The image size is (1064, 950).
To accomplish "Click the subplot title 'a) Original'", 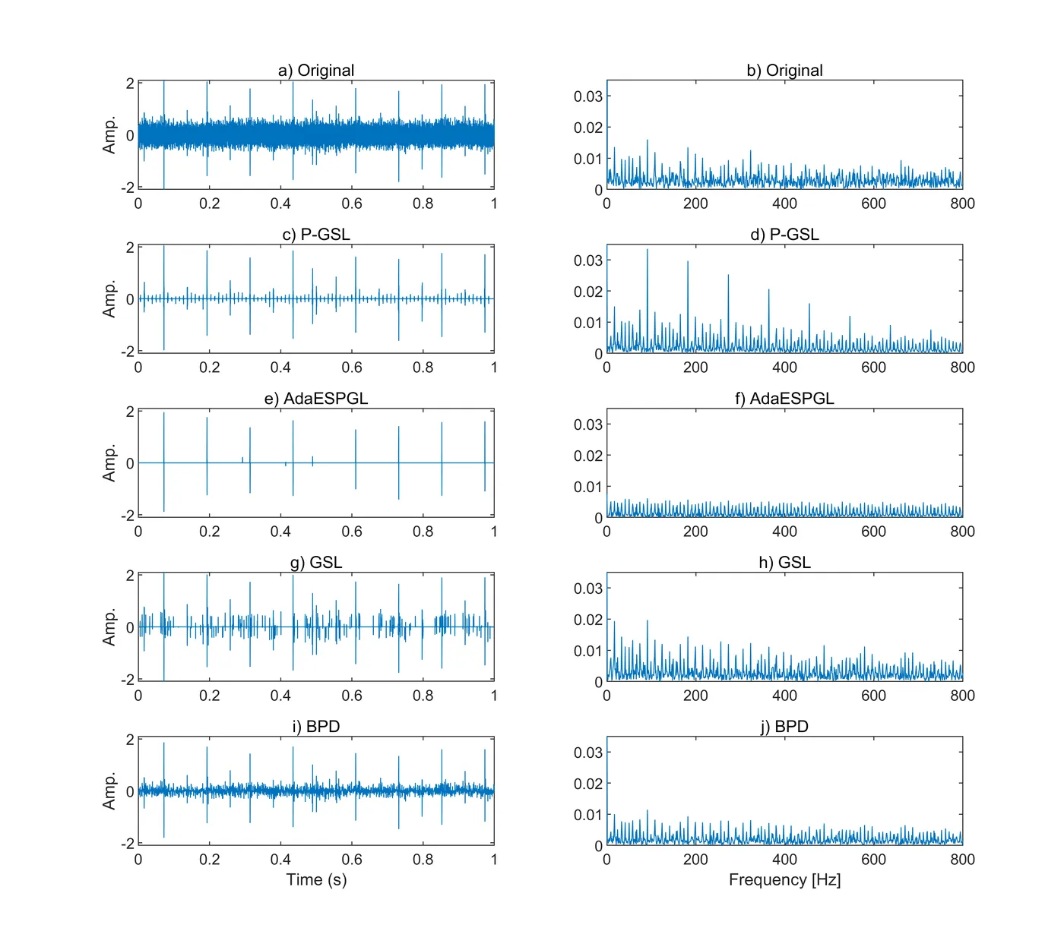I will point(316,71).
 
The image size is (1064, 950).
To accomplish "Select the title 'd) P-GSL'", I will point(784,235).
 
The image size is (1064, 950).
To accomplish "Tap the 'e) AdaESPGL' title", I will point(316,399).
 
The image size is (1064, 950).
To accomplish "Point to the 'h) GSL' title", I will point(784,563).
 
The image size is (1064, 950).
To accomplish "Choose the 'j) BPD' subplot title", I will point(784,727).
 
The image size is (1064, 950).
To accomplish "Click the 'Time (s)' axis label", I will point(316,880).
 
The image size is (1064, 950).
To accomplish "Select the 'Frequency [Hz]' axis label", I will point(784,880).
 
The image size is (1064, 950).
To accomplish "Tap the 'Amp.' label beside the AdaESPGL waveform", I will point(109,463).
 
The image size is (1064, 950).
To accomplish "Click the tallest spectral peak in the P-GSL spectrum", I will point(648,251).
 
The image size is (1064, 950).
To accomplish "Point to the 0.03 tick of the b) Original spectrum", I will point(587,96).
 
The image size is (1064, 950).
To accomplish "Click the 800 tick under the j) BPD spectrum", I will point(962,860).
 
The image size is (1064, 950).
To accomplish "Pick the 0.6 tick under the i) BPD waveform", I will point(352,860).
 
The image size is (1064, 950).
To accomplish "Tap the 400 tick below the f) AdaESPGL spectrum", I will point(784,532).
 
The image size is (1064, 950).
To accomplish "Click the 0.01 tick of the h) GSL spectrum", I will point(587,651).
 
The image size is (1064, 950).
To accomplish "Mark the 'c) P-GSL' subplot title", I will point(316,235).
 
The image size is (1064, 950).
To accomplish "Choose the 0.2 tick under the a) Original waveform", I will point(209,204).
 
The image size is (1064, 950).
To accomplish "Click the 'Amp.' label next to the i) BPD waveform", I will point(109,791).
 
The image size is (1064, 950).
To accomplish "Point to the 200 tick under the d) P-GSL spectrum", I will point(695,368).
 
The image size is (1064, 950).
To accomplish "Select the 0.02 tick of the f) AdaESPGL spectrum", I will point(587,456).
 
